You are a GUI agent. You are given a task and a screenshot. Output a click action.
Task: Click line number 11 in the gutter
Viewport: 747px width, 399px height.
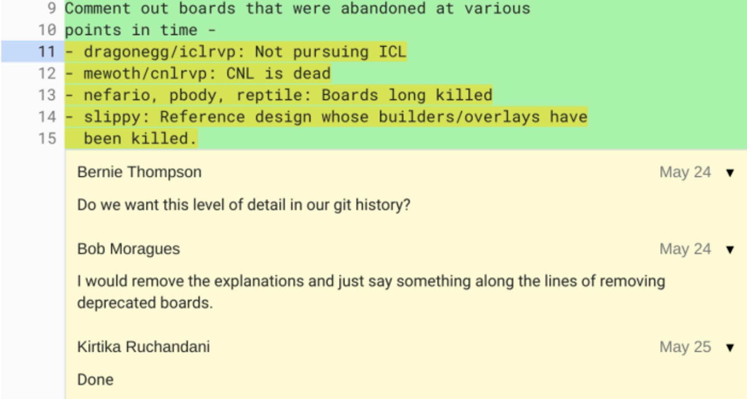[47, 52]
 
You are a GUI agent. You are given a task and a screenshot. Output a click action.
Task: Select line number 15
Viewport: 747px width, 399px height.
[47, 139]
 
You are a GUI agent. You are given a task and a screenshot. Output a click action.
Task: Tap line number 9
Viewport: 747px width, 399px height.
[51, 8]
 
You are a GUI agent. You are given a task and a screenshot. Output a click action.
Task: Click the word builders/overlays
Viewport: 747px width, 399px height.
[459, 117]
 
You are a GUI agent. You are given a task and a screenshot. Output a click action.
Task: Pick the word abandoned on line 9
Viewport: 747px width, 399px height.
[383, 8]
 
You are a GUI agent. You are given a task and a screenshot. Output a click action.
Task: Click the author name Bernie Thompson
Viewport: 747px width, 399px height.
[139, 172]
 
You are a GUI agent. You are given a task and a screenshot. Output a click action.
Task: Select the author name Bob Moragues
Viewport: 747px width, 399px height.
[128, 249]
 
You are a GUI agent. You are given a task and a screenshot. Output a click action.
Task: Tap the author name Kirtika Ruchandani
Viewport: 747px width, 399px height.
[143, 347]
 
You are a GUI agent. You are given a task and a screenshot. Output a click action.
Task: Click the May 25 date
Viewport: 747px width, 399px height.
[685, 347]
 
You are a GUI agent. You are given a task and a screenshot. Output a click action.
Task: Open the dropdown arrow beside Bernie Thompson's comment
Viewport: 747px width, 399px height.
[730, 173]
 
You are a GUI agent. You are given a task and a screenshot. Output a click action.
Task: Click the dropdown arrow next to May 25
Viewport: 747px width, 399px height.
[730, 348]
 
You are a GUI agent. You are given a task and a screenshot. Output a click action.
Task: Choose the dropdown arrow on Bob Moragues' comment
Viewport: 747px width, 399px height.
[730, 250]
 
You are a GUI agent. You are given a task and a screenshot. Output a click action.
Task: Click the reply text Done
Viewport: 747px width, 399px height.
[95, 380]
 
